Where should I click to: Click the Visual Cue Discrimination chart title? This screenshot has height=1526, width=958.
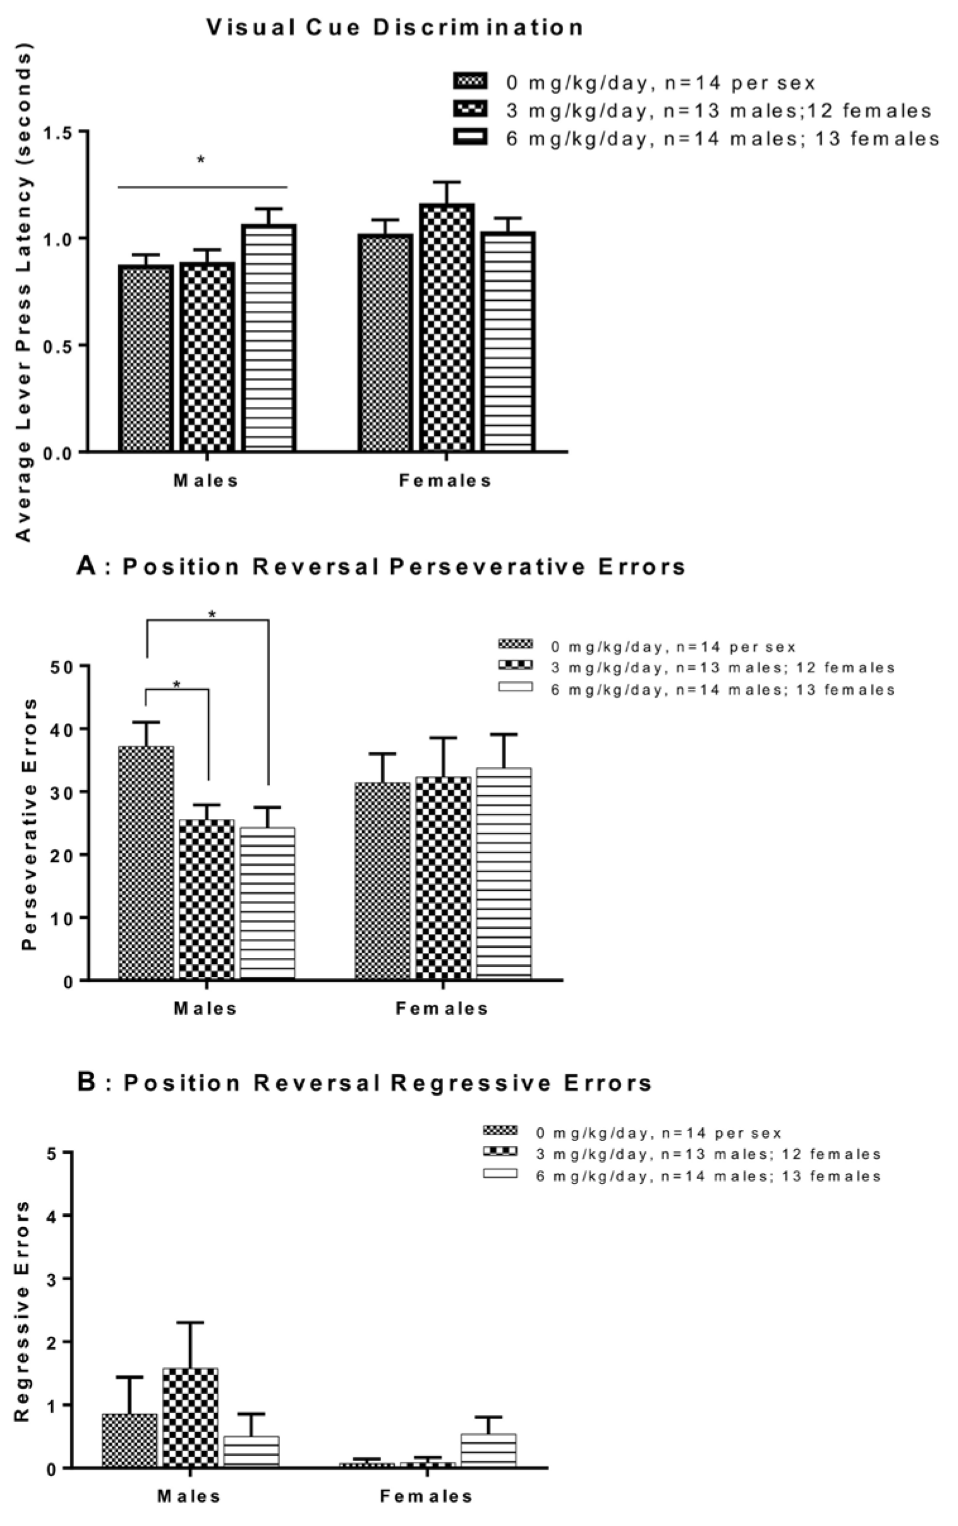point(394,28)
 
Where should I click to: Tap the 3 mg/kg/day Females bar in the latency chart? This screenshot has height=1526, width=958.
point(447,327)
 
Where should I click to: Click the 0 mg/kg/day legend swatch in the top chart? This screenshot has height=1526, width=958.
point(470,81)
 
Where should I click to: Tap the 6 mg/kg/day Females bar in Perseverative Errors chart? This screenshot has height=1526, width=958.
point(504,873)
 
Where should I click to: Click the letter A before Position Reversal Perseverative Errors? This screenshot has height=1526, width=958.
point(86,566)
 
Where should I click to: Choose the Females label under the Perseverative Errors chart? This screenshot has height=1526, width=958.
point(442,1008)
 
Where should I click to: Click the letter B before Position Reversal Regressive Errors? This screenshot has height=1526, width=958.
point(86,1082)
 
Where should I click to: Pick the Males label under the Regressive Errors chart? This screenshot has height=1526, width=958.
point(189,1497)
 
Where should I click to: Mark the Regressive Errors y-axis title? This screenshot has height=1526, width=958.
point(23,1312)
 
